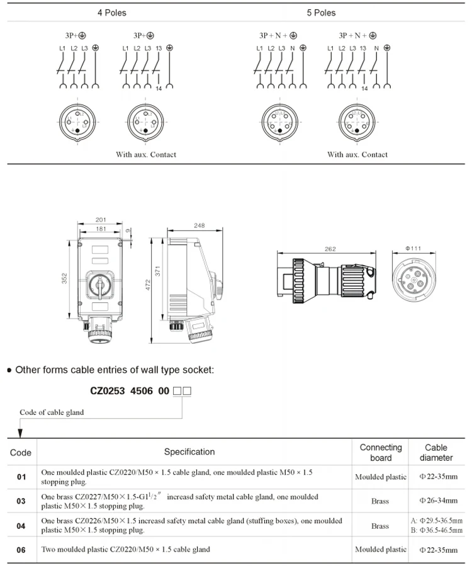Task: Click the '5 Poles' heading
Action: (321, 13)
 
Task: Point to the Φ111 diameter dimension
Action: (413, 249)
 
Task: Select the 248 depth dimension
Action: (199, 225)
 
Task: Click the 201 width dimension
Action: (101, 219)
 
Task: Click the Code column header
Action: (21, 452)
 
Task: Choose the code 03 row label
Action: (21, 501)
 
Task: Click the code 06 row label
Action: (21, 550)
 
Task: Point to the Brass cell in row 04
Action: (380, 526)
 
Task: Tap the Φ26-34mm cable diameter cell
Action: (438, 501)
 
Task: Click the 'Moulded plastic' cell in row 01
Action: (380, 477)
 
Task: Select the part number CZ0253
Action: (108, 390)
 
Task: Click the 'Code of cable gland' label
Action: (52, 412)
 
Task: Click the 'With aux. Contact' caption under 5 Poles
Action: (357, 154)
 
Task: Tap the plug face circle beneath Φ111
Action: (413, 278)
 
